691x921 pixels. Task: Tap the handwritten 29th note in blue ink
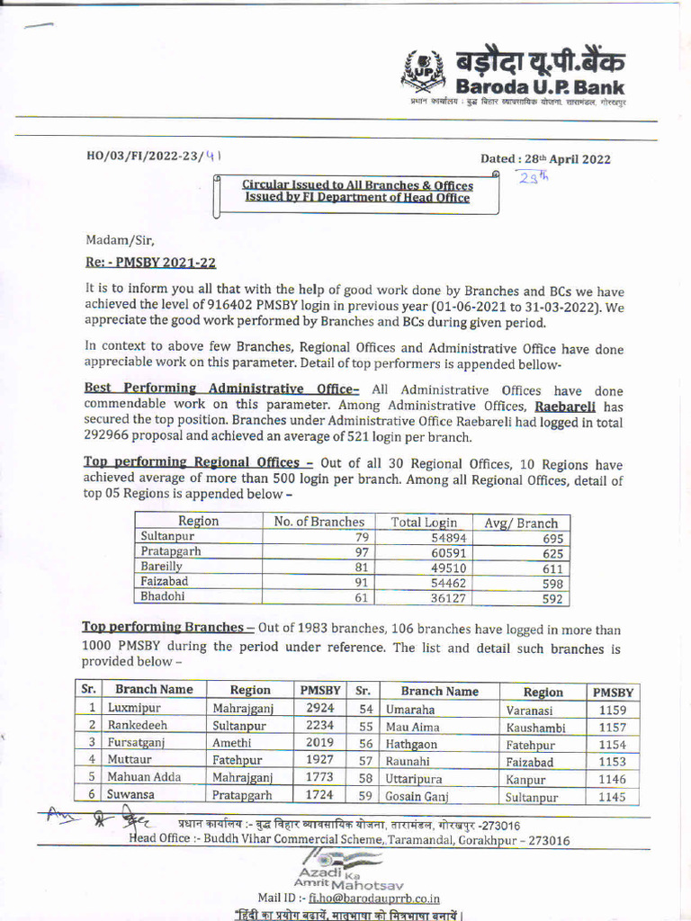coord(533,176)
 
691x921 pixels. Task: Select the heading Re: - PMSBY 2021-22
coord(150,263)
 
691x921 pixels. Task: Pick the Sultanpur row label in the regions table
coord(167,537)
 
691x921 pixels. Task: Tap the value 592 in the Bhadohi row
coord(552,599)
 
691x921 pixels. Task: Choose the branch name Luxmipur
coord(135,709)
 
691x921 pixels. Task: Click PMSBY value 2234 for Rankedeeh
coord(319,725)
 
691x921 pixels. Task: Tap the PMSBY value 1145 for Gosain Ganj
coord(612,796)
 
